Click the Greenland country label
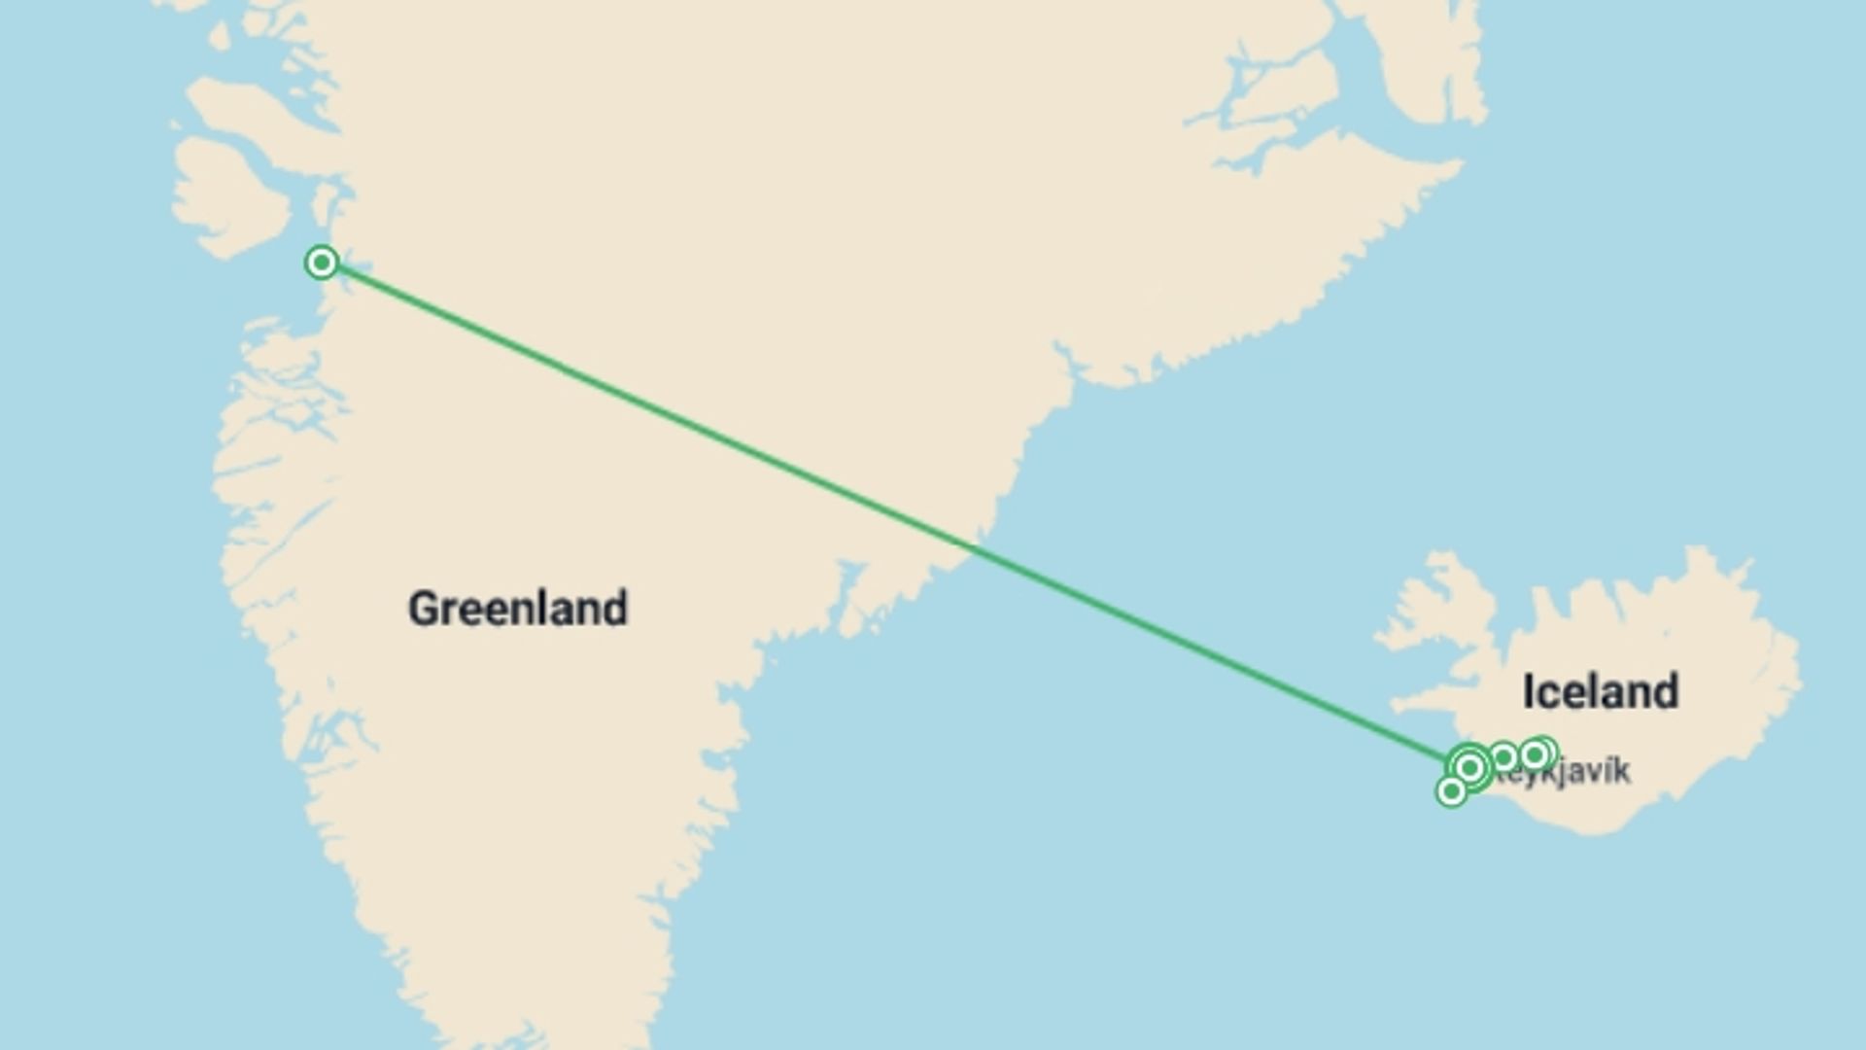click(x=518, y=610)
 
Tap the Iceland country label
click(x=1600, y=692)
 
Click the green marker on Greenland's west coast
click(x=322, y=262)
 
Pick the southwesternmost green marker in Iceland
click(x=1451, y=791)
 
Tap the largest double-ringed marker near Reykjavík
click(x=1470, y=768)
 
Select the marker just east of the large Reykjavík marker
click(x=1503, y=756)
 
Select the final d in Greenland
click(x=615, y=610)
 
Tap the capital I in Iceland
click(x=1530, y=692)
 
